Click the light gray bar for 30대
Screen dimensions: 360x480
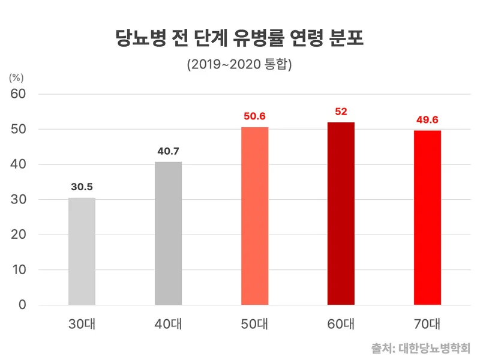coord(82,251)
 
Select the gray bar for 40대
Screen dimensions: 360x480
coord(168,233)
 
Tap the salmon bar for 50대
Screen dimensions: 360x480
coord(254,216)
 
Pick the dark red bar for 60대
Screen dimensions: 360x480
coord(341,214)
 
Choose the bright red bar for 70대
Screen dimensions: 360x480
coord(427,218)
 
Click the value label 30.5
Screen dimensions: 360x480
coord(82,187)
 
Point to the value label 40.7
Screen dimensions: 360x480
coord(168,151)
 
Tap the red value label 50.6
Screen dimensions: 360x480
coord(254,116)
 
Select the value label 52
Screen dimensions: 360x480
coord(341,112)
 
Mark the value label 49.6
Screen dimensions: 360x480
coord(427,119)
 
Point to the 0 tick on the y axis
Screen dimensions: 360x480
coord(23,305)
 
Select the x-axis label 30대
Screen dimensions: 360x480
coord(82,325)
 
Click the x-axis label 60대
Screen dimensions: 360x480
coord(341,325)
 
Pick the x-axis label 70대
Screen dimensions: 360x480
coord(427,325)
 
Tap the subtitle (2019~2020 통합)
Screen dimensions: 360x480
coord(239,64)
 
